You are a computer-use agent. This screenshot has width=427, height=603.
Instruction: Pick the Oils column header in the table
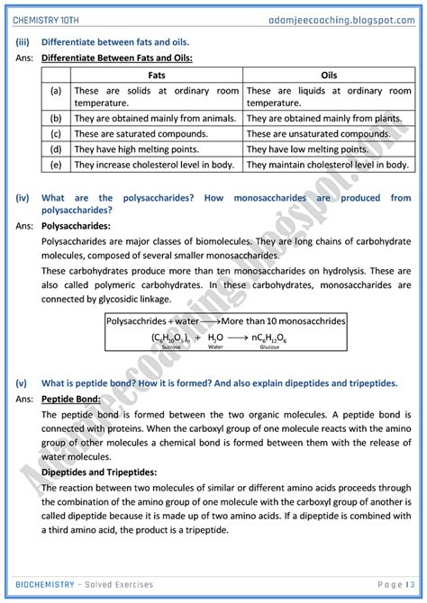pos(328,76)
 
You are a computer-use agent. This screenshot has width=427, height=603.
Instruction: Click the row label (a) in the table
pos(56,91)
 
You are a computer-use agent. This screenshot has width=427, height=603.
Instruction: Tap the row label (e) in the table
pos(56,166)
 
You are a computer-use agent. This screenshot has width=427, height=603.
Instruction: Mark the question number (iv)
pos(23,198)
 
